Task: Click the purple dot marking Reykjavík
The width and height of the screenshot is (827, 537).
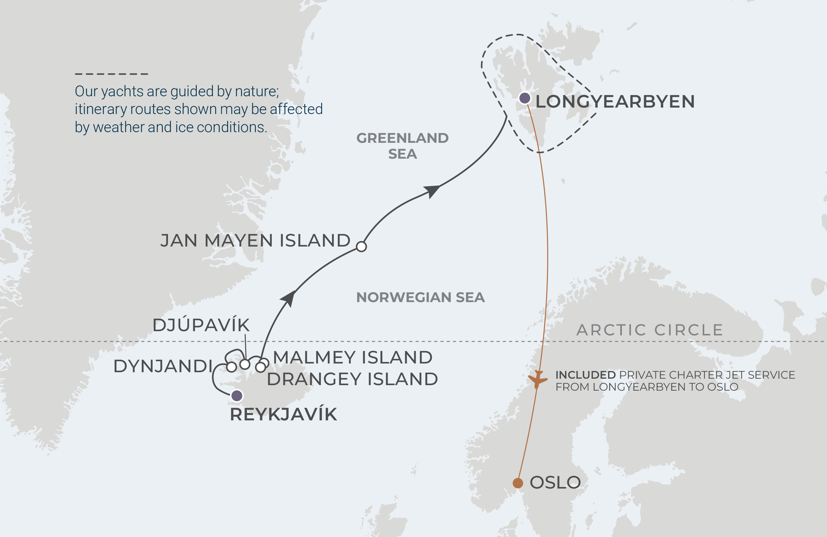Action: coord(237,395)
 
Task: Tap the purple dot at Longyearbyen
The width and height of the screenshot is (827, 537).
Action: coord(524,98)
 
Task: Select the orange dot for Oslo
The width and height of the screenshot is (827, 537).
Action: coord(518,483)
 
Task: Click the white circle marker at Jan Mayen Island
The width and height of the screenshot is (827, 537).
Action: coord(361,247)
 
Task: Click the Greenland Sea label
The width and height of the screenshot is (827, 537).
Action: coord(403,146)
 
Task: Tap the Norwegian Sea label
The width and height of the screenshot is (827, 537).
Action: coord(421,298)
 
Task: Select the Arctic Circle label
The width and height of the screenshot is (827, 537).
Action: coord(650,330)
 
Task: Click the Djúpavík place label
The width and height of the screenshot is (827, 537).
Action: coord(201,325)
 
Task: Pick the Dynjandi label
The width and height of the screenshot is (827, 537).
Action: coord(163,366)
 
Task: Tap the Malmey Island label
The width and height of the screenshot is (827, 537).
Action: coord(353,357)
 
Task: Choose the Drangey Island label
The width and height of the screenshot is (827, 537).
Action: coord(352,379)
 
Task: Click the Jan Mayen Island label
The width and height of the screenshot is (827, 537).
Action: coord(256,240)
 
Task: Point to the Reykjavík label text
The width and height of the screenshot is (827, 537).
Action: coord(284,415)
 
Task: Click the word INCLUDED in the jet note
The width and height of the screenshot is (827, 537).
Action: coord(585,375)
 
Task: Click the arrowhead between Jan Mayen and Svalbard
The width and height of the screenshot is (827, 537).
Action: coord(432,191)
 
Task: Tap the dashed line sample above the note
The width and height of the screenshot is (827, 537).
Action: coord(111,74)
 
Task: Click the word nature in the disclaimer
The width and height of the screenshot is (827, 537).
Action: coord(256,91)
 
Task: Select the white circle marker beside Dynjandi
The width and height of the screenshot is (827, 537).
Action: coord(231,367)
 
